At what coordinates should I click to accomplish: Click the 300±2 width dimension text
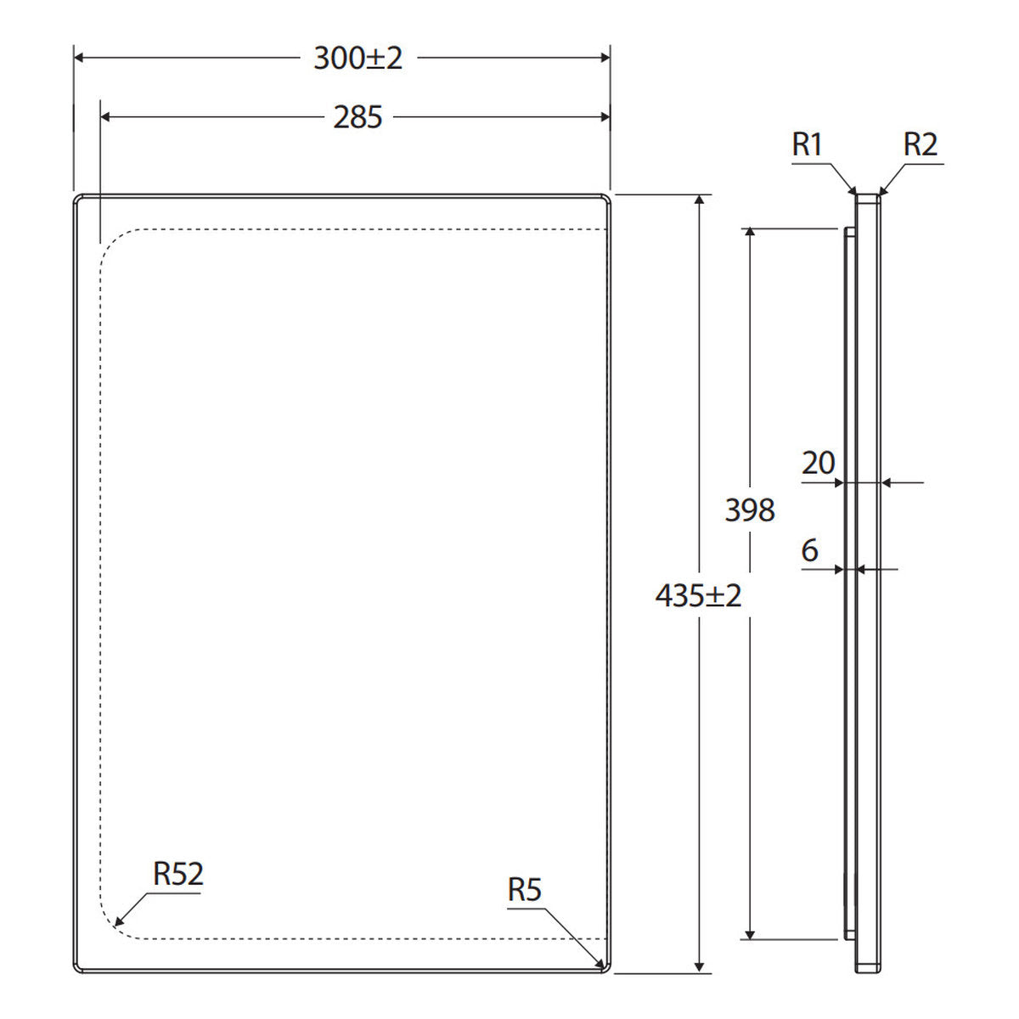(x=358, y=58)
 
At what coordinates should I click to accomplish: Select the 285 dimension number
(x=357, y=117)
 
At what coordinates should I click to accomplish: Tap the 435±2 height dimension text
(x=698, y=595)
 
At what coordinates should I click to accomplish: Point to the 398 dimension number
(x=750, y=510)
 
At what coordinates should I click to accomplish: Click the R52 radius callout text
(x=177, y=874)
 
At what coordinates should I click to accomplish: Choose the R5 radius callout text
(x=524, y=889)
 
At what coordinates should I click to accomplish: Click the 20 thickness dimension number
(x=818, y=463)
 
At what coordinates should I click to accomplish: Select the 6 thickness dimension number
(x=809, y=550)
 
